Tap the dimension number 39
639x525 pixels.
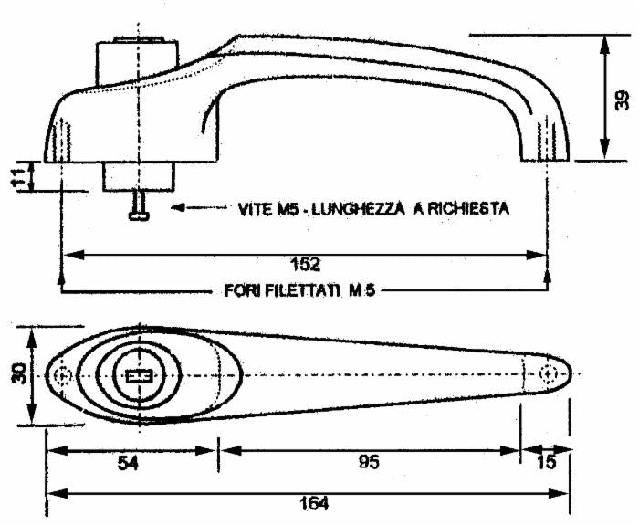[x=621, y=99]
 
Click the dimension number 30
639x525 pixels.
[x=16, y=374]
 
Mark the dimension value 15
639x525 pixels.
[x=545, y=463]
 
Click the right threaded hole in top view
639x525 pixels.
[x=547, y=373]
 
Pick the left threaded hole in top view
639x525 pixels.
[x=61, y=375]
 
